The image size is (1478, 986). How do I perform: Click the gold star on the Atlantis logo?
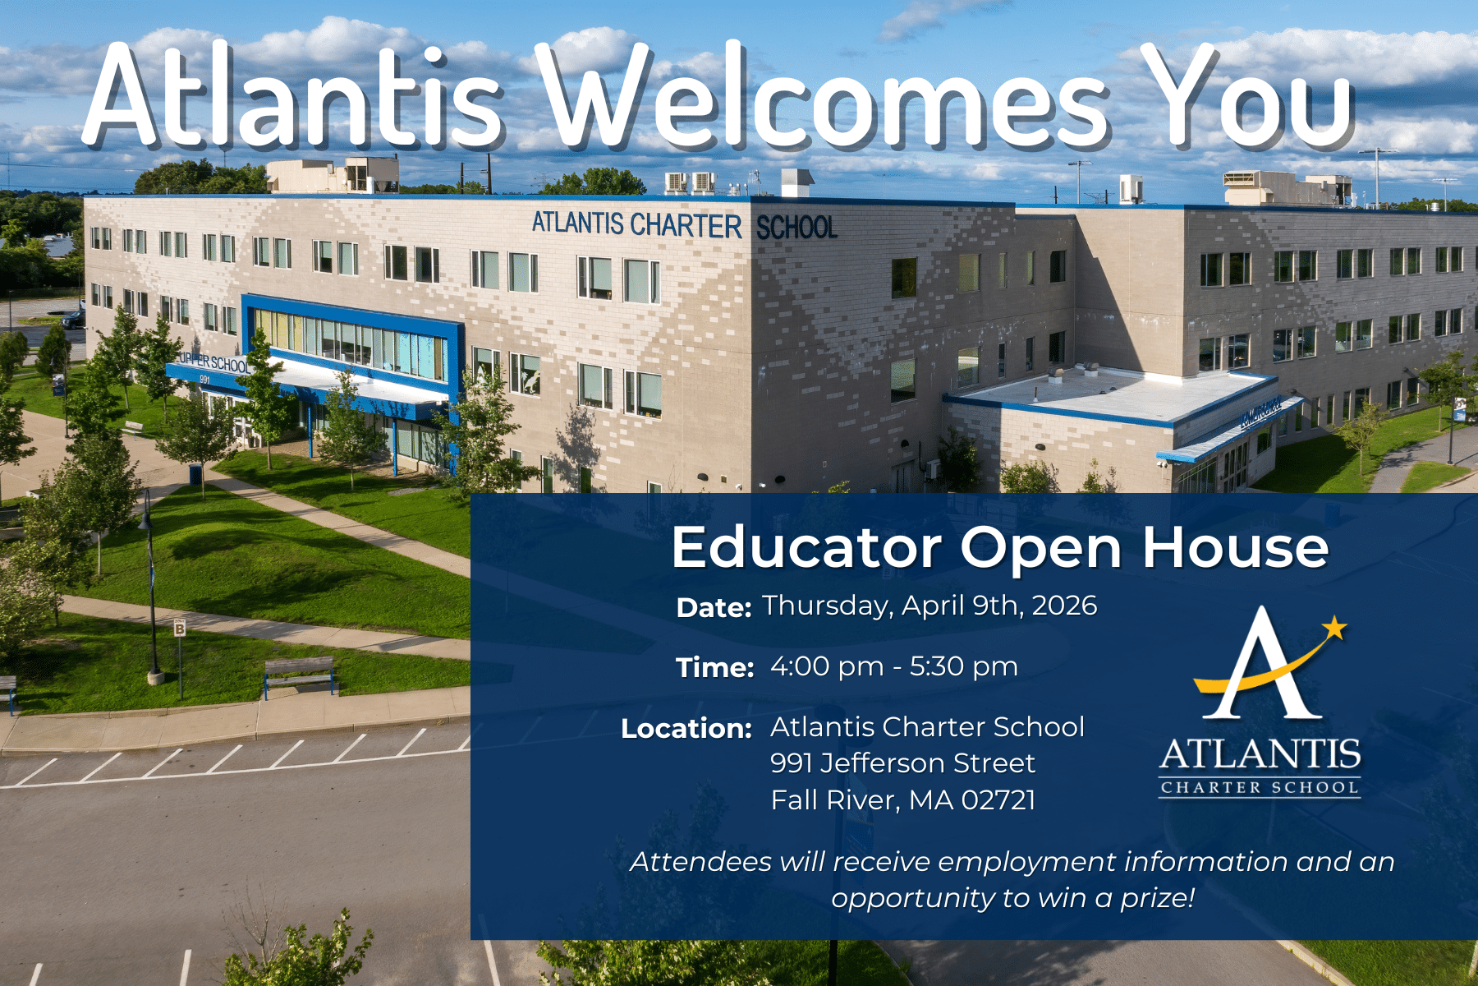pyautogui.click(x=1333, y=629)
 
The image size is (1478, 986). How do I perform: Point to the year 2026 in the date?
pyautogui.click(x=1064, y=606)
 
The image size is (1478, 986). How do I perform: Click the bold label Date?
pyautogui.click(x=714, y=608)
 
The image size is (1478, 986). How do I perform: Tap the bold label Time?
pyautogui.click(x=714, y=668)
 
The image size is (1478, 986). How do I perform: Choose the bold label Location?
pyautogui.click(x=686, y=729)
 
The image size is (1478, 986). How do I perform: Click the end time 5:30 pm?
pyautogui.click(x=964, y=667)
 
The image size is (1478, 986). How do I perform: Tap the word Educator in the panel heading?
pyautogui.click(x=806, y=547)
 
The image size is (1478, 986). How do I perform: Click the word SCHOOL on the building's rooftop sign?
pyautogui.click(x=796, y=228)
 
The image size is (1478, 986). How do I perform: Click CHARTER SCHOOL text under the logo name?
pyautogui.click(x=1260, y=788)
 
